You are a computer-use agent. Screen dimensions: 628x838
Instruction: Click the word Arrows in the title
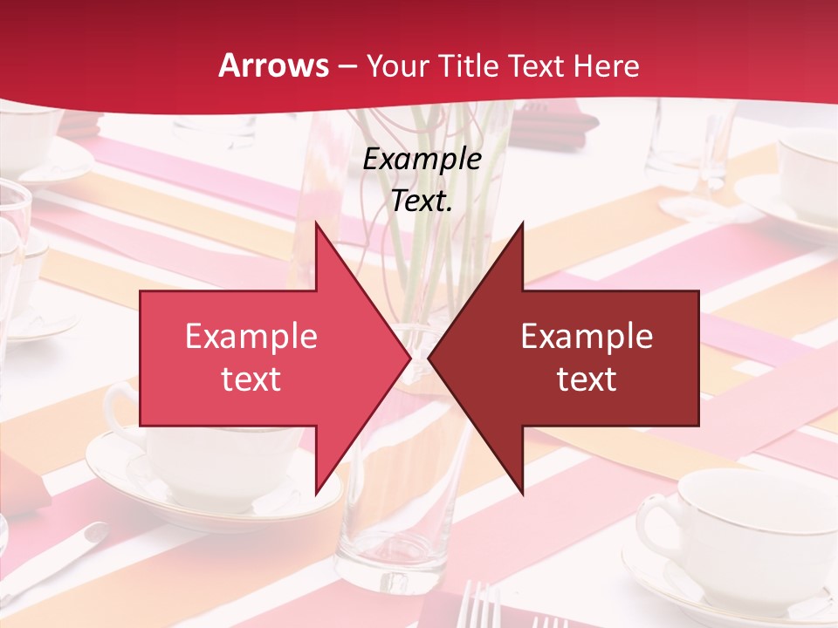coord(274,65)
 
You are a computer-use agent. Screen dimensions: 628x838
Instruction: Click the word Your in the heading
coord(396,65)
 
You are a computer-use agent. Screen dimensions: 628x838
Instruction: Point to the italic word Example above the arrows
coord(422,160)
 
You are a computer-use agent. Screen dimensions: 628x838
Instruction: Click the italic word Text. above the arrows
coord(422,201)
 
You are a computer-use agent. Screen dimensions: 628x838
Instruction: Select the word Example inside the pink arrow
coord(251,337)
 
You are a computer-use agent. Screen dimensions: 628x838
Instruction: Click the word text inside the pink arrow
coord(251,379)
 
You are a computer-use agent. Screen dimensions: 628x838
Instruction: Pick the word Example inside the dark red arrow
coord(587,337)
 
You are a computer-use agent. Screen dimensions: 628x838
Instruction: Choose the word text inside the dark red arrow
coord(587,379)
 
